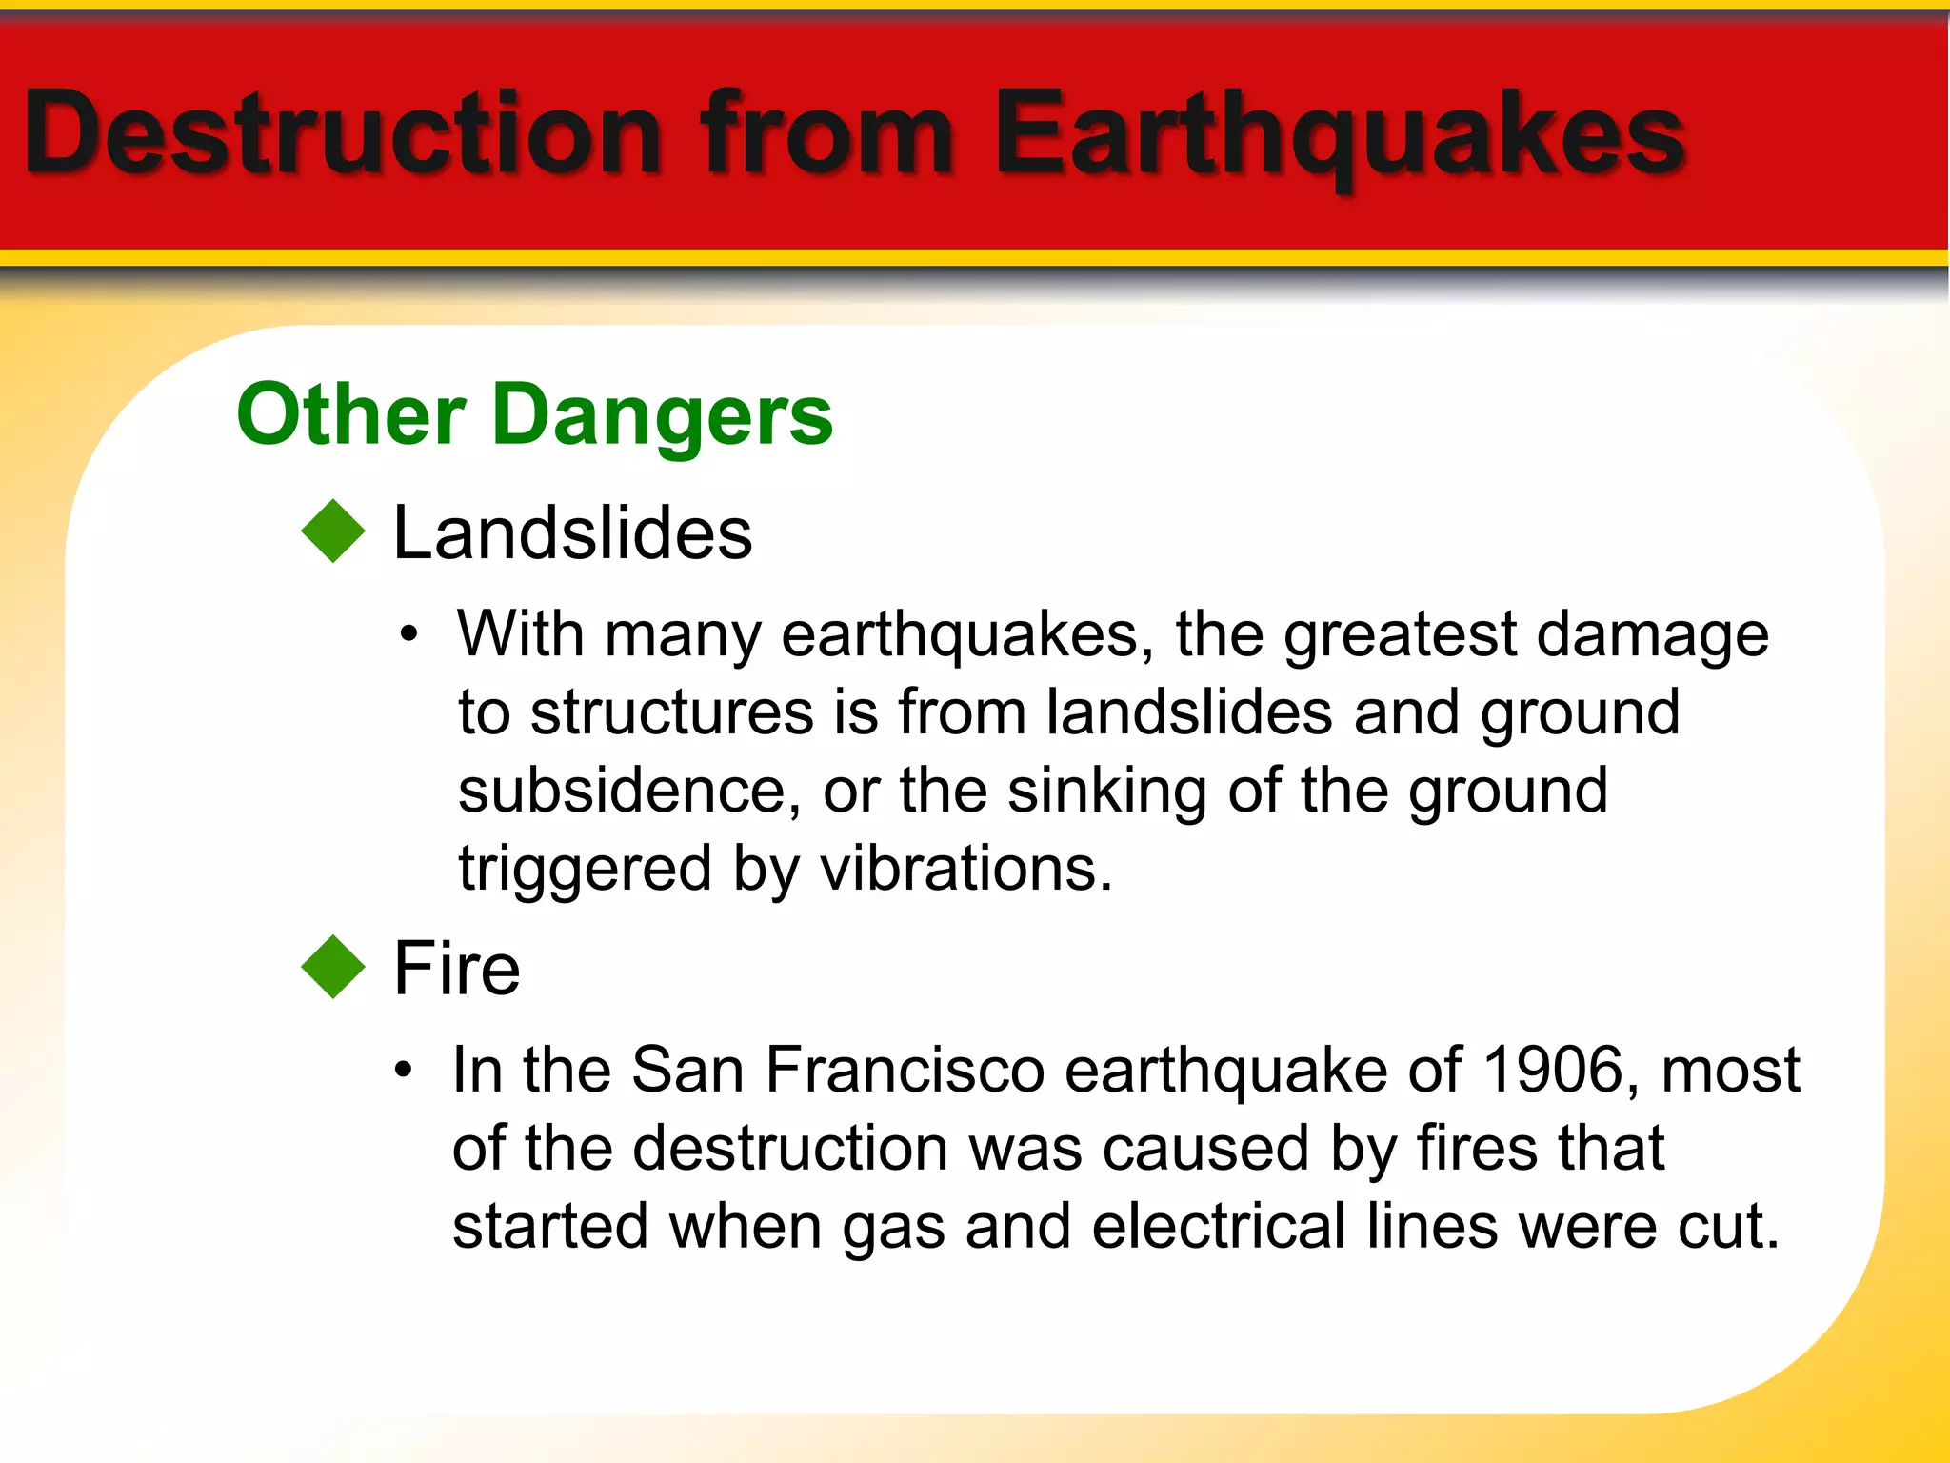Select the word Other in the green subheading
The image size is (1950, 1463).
[x=351, y=414]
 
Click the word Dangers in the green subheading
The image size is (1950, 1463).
[x=663, y=416]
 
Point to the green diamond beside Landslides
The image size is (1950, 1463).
[x=333, y=531]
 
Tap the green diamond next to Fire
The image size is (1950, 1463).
[x=333, y=967]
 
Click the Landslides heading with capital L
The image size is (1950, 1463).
[x=572, y=533]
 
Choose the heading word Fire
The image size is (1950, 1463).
[x=457, y=969]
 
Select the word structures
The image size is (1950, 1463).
[x=672, y=713]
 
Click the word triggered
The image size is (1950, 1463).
[x=585, y=871]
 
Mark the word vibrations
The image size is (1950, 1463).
[x=965, y=869]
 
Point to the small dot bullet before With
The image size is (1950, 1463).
[x=409, y=634]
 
